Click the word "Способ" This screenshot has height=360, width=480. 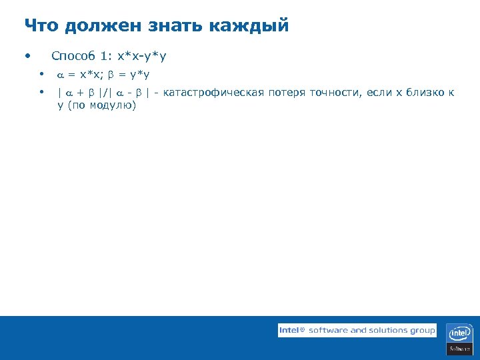(73, 56)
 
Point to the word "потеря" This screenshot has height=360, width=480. (287, 93)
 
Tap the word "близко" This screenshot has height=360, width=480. (426, 93)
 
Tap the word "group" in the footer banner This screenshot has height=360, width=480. (423, 331)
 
